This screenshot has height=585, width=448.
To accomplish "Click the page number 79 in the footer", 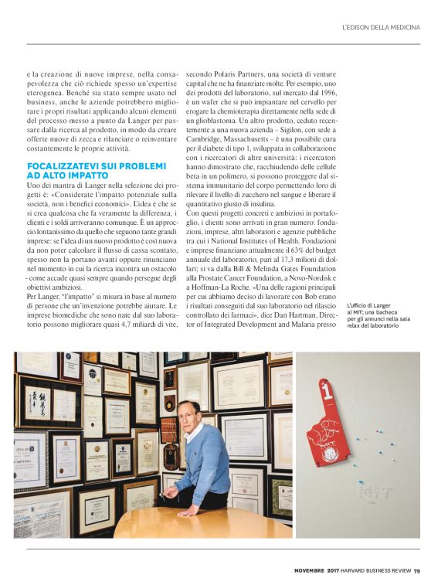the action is [417, 571].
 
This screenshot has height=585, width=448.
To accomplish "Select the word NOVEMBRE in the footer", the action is [311, 571].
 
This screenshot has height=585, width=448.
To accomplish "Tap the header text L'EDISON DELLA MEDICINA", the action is [381, 28].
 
